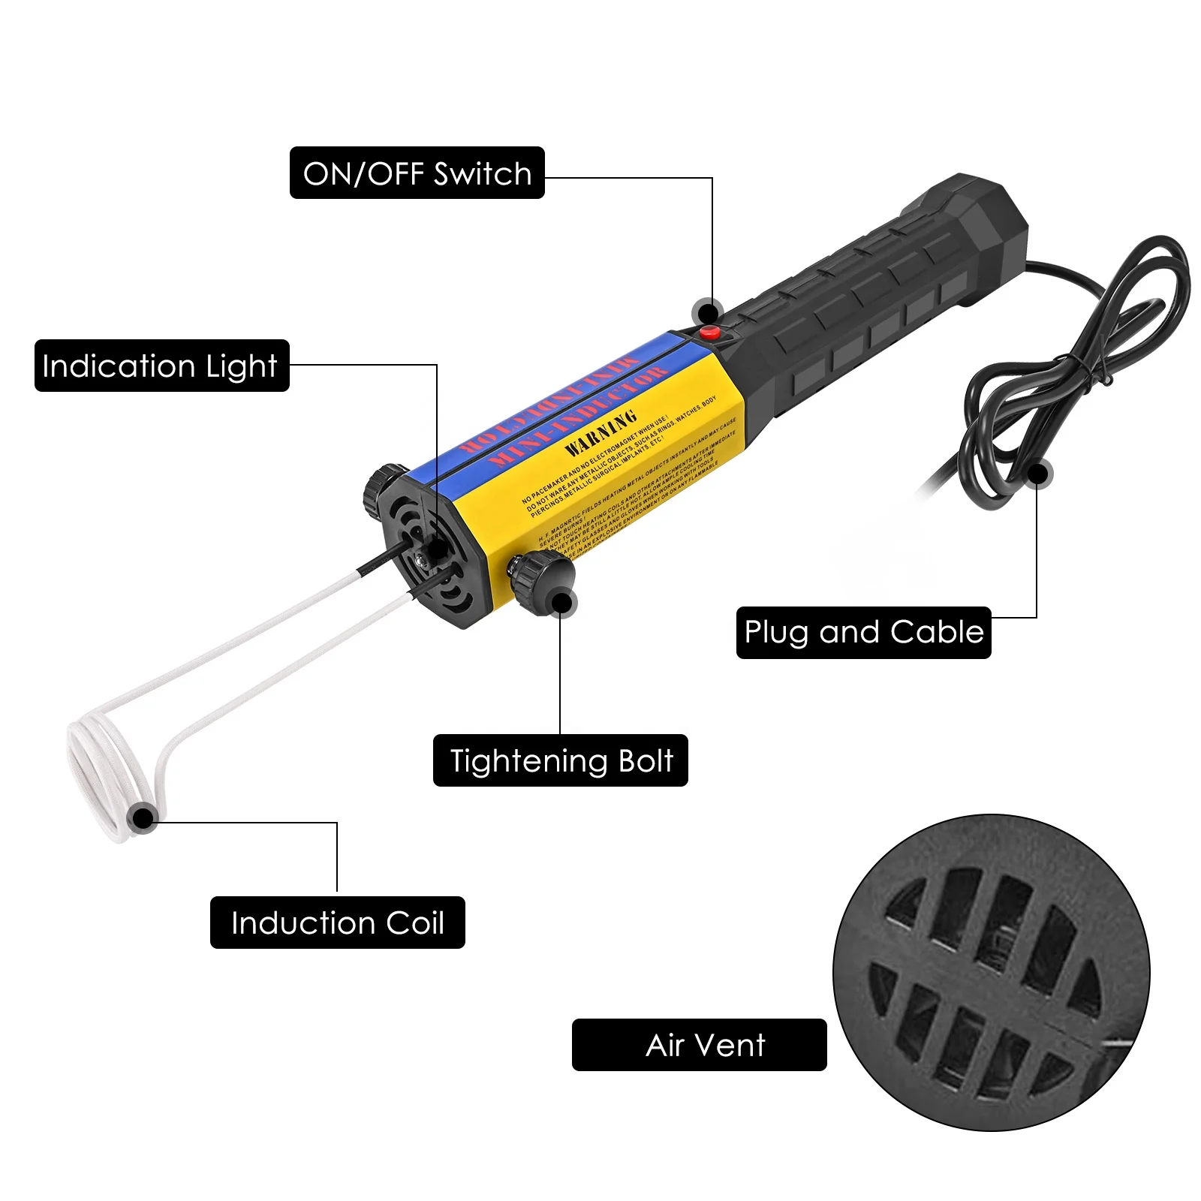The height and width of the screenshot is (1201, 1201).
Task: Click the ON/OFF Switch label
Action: pyautogui.click(x=417, y=173)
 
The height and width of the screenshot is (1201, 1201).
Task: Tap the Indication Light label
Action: pyautogui.click(x=161, y=366)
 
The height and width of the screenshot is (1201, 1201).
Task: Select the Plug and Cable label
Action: pyautogui.click(x=863, y=632)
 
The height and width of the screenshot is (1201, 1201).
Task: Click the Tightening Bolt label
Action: pyautogui.click(x=560, y=760)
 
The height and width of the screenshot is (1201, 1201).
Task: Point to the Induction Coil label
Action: pyautogui.click(x=337, y=923)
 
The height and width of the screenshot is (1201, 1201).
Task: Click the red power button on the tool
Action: pyautogui.click(x=709, y=333)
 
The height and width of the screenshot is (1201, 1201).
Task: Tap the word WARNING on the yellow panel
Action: pyautogui.click(x=600, y=433)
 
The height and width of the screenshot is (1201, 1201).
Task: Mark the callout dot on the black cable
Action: pyautogui.click(x=1038, y=474)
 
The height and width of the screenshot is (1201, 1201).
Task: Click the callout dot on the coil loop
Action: pyautogui.click(x=142, y=817)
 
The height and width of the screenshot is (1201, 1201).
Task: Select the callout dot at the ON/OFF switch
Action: pyautogui.click(x=707, y=311)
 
